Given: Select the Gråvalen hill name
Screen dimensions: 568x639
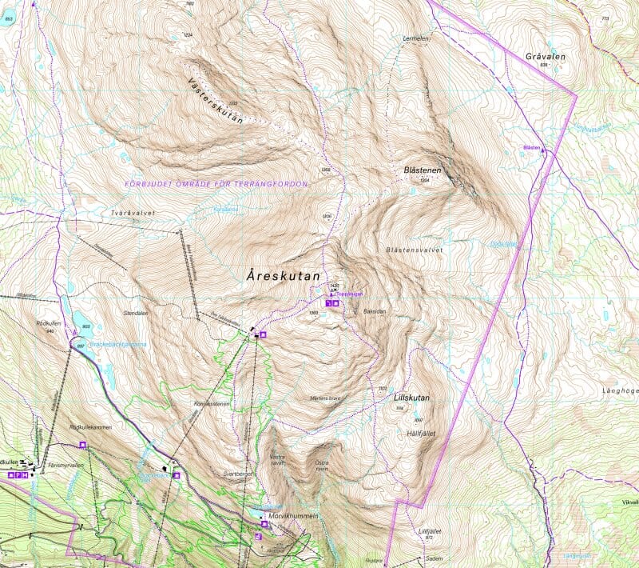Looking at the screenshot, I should coord(546,57).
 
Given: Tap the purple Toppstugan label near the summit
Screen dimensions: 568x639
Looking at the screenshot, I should coord(350,294).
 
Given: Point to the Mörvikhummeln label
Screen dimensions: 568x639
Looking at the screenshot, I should coord(295,517).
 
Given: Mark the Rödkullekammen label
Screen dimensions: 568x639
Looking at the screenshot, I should coord(91,427).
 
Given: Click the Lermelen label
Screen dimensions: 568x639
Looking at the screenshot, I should coord(417,38).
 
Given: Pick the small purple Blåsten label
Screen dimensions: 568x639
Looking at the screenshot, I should coord(532,147).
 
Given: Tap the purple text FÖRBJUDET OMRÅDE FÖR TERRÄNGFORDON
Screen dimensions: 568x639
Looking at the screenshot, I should coord(216,184).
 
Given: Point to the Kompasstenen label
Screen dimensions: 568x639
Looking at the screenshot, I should coord(212,404).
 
